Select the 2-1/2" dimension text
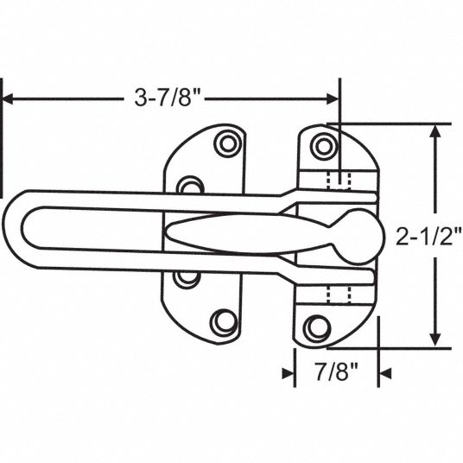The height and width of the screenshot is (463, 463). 428,236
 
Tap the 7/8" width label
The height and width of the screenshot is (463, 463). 336,371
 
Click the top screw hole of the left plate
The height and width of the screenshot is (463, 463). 228,143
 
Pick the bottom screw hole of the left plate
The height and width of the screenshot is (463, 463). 223,322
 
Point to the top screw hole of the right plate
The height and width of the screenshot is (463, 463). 324,147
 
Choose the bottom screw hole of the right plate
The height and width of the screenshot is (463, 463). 317,327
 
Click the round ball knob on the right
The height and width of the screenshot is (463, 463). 362,236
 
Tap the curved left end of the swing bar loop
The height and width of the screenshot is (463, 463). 13,229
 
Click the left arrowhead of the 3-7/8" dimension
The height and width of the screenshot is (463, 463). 8,99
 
